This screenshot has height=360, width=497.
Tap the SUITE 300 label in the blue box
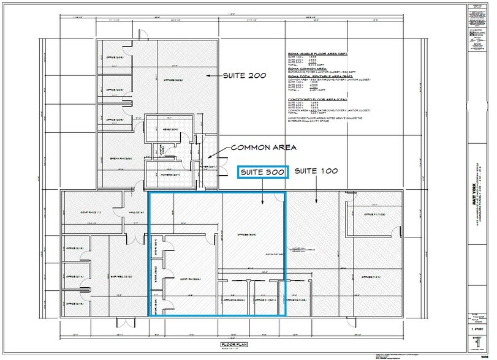(262, 173)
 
